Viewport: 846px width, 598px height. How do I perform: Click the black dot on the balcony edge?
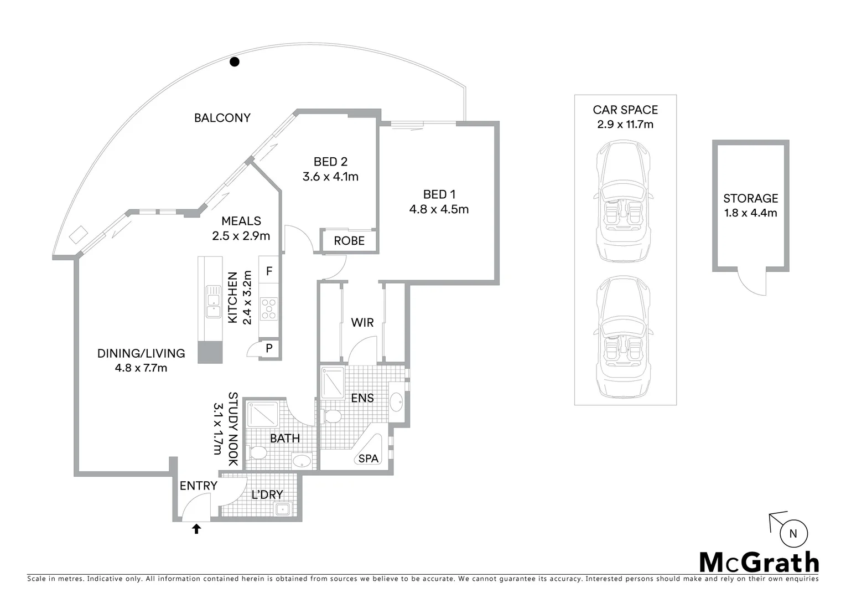[235, 62]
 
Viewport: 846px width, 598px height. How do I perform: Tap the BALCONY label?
[222, 118]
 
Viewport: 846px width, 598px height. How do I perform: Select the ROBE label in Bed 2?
[349, 241]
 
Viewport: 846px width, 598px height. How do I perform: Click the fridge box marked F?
[269, 271]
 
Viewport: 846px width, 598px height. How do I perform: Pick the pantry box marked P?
[269, 348]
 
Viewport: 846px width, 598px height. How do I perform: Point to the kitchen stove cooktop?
[269, 309]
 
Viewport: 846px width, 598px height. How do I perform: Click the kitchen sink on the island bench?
[212, 302]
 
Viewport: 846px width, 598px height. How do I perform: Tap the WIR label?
[362, 322]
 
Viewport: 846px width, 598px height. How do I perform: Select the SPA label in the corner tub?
[368, 458]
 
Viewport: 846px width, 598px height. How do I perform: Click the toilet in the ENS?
[332, 416]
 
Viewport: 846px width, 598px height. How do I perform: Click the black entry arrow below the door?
[196, 529]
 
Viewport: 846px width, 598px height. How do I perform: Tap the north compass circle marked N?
[793, 534]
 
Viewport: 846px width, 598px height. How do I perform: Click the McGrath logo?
[759, 563]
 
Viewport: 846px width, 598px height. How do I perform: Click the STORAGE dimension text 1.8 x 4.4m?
[750, 213]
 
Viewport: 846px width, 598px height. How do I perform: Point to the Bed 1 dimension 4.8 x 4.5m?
[439, 209]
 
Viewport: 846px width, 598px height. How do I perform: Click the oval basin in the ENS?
[396, 401]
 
